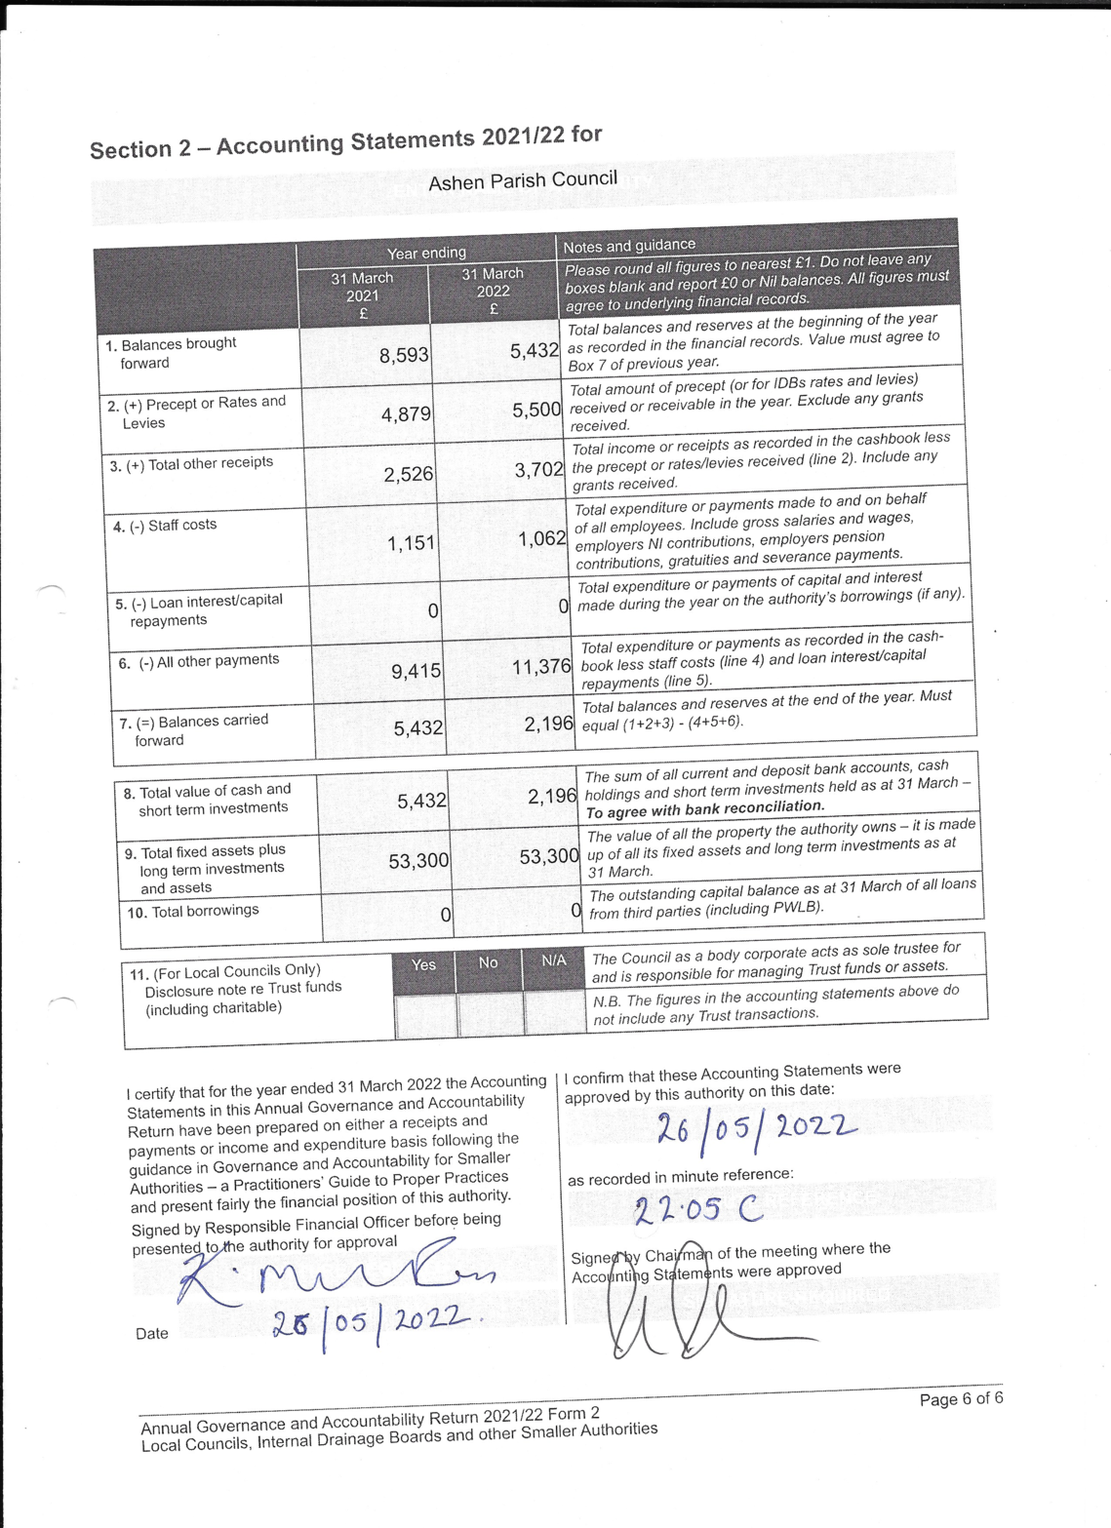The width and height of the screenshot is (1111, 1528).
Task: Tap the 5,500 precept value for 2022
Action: coord(536,411)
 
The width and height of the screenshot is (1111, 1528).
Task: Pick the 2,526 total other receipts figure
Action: coord(408,475)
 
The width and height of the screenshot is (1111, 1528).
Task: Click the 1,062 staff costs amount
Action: coord(541,538)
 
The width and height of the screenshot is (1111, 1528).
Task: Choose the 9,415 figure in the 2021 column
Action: coord(416,672)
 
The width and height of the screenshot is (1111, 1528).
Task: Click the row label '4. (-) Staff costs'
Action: coord(165,527)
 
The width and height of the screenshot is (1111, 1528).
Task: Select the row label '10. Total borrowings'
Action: coord(193,912)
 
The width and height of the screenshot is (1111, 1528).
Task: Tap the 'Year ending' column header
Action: coord(426,254)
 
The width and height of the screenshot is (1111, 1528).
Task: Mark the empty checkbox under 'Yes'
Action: coord(425,1015)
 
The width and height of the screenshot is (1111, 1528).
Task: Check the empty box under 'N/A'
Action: coord(554,1012)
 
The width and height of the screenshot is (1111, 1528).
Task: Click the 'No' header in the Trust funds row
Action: coord(489,962)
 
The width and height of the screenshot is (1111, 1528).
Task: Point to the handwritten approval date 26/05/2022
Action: coord(756,1129)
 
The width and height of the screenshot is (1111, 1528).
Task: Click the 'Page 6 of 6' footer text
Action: coord(960,1398)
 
